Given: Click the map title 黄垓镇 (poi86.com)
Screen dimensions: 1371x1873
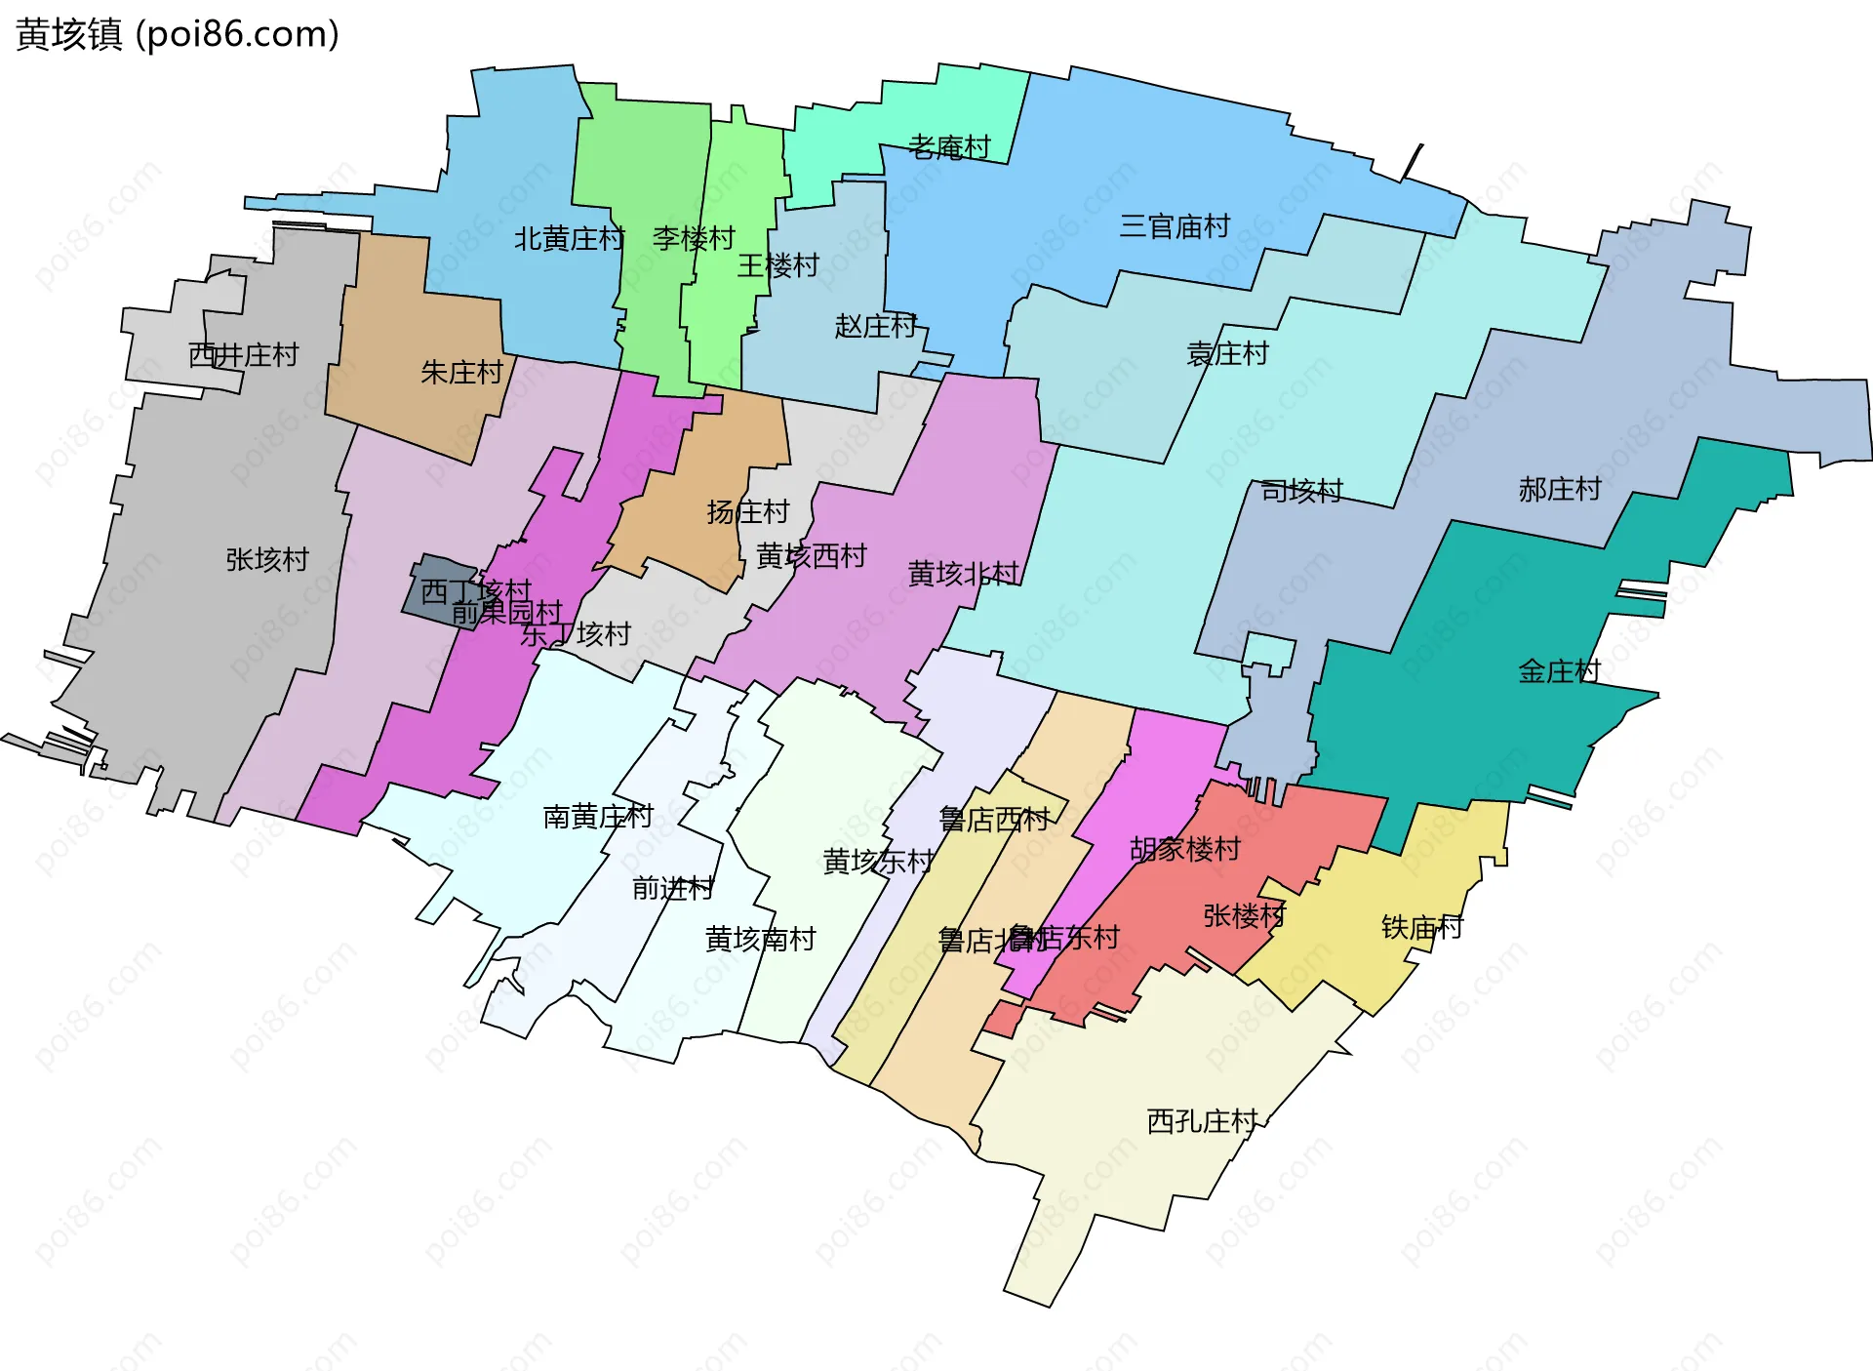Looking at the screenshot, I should (178, 35).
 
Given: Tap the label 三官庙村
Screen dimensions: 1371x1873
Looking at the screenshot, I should (1175, 226).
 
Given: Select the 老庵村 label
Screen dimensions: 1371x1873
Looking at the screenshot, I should (949, 147).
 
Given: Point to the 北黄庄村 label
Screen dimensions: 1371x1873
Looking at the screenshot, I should (570, 238).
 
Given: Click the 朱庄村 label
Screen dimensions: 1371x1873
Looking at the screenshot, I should (461, 372).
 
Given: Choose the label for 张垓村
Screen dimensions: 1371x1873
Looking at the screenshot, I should (267, 559).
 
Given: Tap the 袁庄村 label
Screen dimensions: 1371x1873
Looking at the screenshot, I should (1227, 353).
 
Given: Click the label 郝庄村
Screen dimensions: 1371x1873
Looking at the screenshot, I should (1560, 489).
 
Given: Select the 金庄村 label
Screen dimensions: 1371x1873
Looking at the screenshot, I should (1560, 671).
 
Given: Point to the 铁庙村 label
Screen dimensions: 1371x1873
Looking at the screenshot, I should (1422, 927).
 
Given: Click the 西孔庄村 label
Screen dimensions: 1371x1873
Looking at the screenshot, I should (1203, 1121).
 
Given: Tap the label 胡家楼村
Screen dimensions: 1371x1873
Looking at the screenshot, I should (1185, 849).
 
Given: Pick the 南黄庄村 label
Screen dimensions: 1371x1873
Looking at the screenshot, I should (598, 816).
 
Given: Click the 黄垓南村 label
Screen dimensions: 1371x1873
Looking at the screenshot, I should (761, 939).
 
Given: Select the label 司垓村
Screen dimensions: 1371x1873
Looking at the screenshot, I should (1301, 491).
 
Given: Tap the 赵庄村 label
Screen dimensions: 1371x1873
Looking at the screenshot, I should (876, 326).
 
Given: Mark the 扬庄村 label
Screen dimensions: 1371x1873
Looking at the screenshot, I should (748, 511).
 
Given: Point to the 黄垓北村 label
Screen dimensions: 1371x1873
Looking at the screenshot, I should (964, 573).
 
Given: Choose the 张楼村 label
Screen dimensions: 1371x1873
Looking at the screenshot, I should (1245, 915).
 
